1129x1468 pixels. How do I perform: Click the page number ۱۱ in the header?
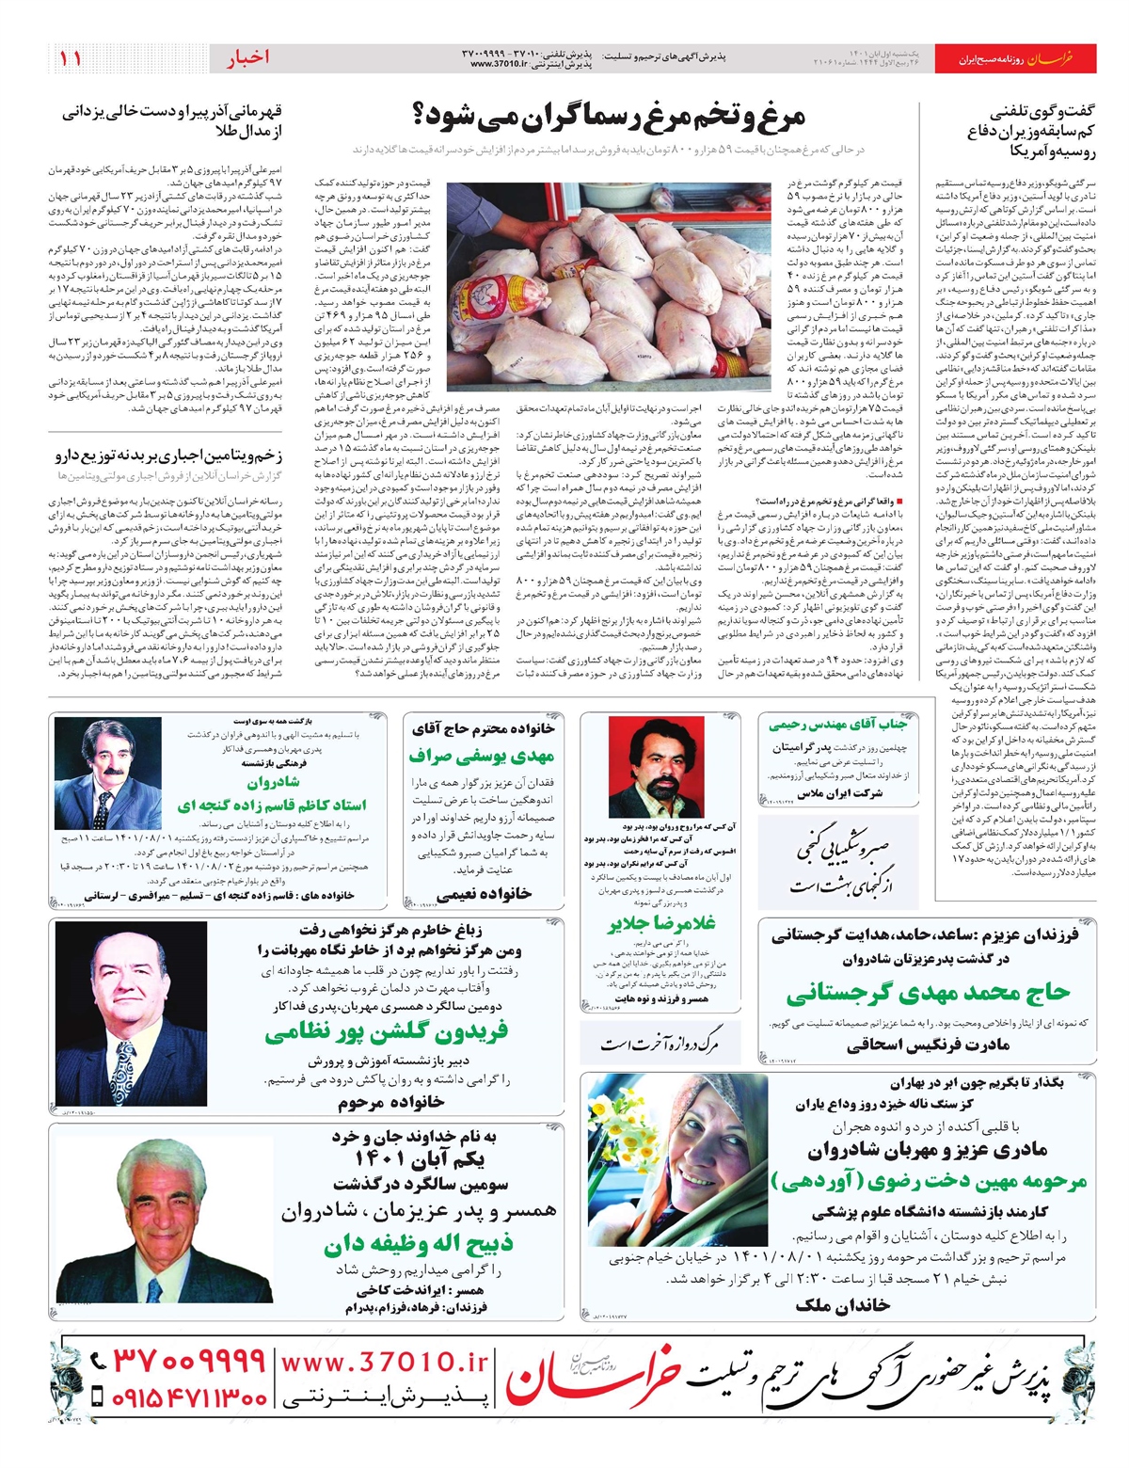tap(71, 57)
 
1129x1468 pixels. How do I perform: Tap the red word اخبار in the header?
tap(247, 57)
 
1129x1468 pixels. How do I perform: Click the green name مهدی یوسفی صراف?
tap(482, 756)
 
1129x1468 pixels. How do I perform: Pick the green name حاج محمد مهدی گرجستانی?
tap(928, 993)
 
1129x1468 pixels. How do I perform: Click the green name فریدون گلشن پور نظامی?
tap(387, 1032)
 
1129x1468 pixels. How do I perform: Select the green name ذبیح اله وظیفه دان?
tap(418, 1244)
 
